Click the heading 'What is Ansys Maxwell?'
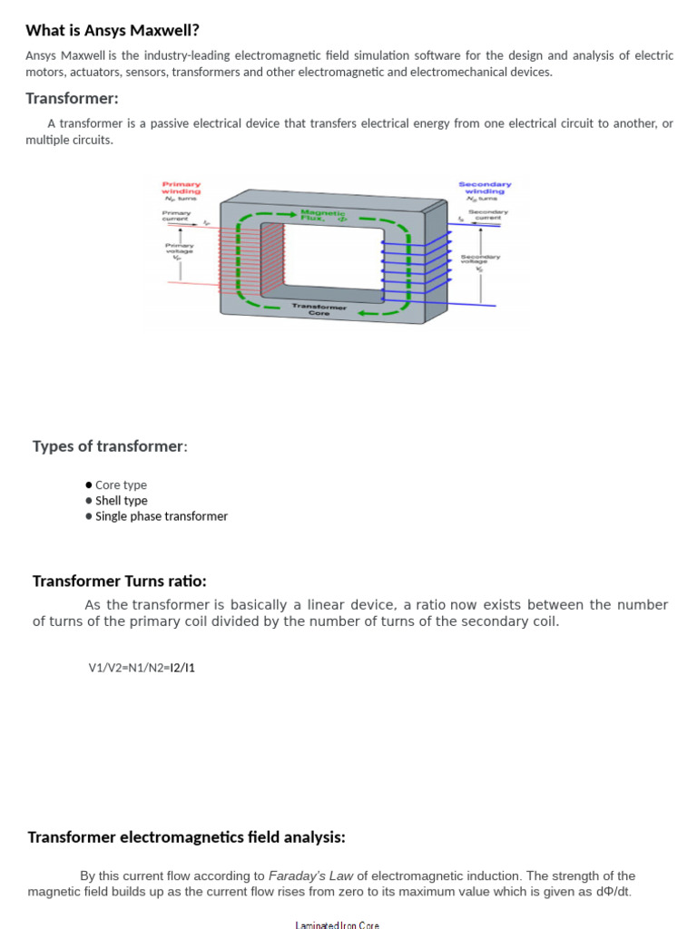pyautogui.click(x=113, y=30)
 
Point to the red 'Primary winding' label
pyautogui.click(x=181, y=188)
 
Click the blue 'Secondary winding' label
pyautogui.click(x=485, y=188)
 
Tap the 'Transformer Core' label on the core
pyautogui.click(x=319, y=310)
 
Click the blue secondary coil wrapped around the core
pyautogui.click(x=415, y=262)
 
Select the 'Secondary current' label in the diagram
pyautogui.click(x=488, y=215)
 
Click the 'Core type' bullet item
pyautogui.click(x=121, y=485)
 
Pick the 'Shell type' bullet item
pyautogui.click(x=121, y=501)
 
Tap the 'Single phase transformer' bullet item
pyautogui.click(x=161, y=516)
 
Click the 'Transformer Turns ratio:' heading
pyautogui.click(x=119, y=581)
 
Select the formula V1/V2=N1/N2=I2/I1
pyautogui.click(x=142, y=668)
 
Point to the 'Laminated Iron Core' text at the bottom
pyautogui.click(x=337, y=924)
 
